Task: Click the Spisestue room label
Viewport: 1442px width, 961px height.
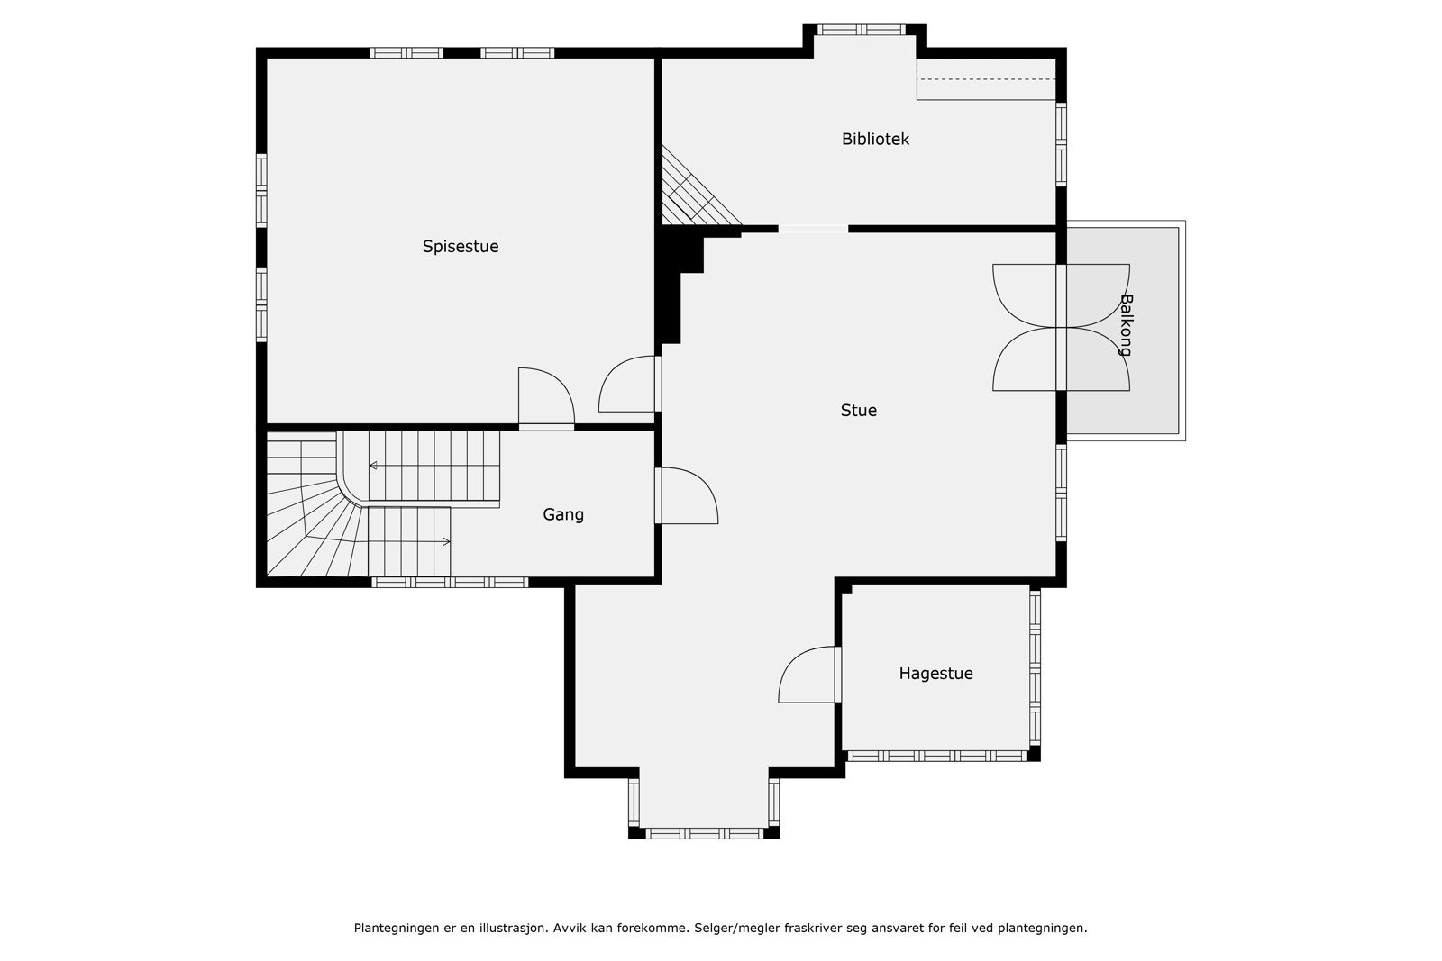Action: [461, 247]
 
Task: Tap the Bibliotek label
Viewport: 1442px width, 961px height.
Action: [875, 139]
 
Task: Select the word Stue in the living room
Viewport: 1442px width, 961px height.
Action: [859, 411]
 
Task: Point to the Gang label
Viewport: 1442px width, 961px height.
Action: [563, 515]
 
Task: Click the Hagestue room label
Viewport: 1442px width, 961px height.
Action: [936, 674]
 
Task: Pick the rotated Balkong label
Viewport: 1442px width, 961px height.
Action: [1126, 325]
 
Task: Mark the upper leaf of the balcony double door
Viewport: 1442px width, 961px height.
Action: [1061, 296]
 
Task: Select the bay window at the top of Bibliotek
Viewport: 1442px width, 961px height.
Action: [862, 30]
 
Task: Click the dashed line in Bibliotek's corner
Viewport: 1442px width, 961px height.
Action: [986, 79]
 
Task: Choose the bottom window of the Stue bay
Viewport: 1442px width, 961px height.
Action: [704, 834]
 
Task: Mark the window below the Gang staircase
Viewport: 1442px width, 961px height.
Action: [450, 582]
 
